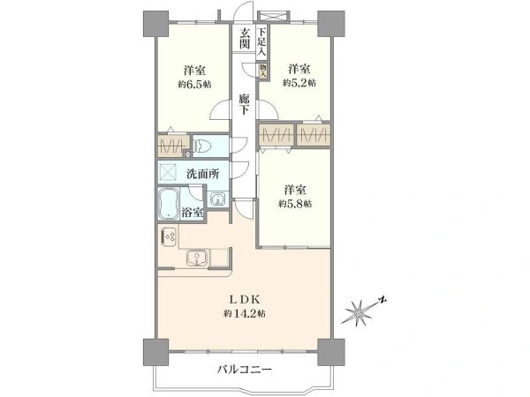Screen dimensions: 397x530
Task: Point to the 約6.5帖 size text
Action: coord(194,85)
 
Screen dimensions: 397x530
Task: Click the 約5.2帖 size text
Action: coord(299,82)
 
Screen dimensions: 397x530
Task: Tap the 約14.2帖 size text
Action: coord(245,313)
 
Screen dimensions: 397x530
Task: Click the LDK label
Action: coord(245,296)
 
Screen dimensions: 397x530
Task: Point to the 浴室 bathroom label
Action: coord(193,212)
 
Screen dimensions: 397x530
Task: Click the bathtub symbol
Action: coord(168,205)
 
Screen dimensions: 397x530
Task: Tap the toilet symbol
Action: coord(203,146)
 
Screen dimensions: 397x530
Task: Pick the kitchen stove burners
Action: coord(170,237)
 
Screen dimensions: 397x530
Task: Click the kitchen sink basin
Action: coord(195,258)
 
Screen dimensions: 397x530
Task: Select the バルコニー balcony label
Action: coord(244,368)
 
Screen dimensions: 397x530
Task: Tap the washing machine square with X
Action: coord(170,172)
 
